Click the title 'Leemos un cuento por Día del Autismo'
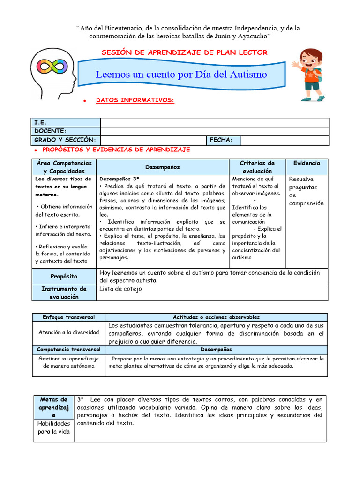(x=181, y=75)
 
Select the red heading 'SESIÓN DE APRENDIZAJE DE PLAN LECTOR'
(x=185, y=52)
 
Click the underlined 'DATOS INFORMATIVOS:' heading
(x=135, y=100)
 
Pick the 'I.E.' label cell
(x=66, y=122)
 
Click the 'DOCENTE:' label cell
(x=66, y=131)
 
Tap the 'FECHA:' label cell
(x=223, y=140)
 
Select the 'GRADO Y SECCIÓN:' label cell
(x=66, y=140)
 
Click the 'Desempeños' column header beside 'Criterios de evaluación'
(x=162, y=167)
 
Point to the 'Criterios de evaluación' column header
(x=257, y=167)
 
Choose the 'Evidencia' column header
(x=307, y=163)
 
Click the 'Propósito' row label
(x=64, y=276)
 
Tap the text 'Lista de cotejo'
(x=120, y=289)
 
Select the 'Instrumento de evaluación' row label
(x=64, y=293)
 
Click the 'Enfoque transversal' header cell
(x=68, y=317)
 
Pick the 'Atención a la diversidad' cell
(x=68, y=332)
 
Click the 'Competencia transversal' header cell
(x=68, y=350)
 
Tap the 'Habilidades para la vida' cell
(x=54, y=427)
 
